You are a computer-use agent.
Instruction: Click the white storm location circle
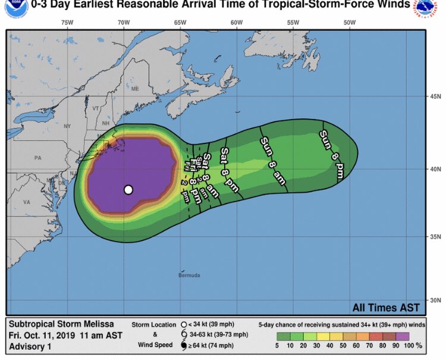[128, 190]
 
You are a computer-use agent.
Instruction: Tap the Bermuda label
[189, 276]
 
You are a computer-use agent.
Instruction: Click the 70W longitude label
[123, 23]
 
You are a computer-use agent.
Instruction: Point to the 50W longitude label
[349, 23]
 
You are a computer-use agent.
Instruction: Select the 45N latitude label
[435, 96]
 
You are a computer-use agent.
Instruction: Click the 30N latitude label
[435, 300]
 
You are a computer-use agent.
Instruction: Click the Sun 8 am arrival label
[273, 161]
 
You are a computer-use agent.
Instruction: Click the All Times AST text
[385, 308]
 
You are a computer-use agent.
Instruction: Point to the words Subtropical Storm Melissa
[58, 325]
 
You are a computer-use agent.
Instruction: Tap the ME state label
[134, 89]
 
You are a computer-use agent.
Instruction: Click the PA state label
[38, 158]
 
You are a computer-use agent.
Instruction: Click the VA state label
[26, 202]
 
